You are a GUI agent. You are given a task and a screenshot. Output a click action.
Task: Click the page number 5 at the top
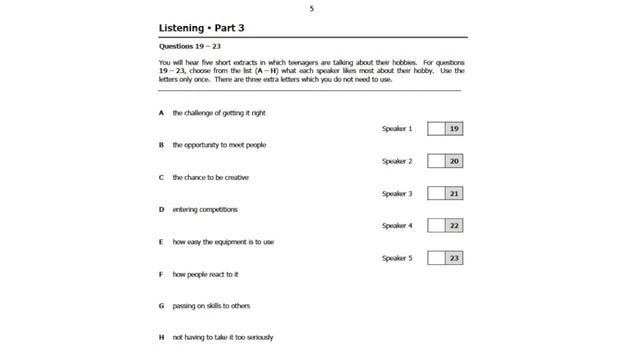pos(311,8)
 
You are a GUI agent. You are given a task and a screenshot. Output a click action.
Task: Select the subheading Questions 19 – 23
pos(187,46)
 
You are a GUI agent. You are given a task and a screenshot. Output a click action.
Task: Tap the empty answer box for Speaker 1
pos(436,129)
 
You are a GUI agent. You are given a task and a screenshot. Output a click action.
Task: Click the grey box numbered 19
pos(454,129)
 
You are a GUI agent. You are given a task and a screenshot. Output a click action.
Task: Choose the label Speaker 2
pos(396,161)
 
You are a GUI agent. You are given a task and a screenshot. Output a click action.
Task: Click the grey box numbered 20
pos(454,161)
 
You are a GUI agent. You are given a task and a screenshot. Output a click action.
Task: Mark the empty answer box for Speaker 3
pos(436,193)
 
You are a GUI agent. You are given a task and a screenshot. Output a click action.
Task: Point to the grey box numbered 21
pos(454,193)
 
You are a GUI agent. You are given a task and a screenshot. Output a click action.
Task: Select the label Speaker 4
pos(396,226)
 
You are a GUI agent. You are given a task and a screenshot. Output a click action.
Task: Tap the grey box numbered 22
pos(454,226)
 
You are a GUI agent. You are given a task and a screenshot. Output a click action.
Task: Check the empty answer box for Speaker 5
pos(436,258)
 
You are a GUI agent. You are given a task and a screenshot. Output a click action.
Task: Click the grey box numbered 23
pos(454,258)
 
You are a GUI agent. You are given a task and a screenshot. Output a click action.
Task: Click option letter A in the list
pos(161,113)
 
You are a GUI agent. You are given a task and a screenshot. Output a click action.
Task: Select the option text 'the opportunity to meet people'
pos(219,145)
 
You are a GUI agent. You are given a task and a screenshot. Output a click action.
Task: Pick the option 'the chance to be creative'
pos(210,177)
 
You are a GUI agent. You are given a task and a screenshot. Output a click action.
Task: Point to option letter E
pos(161,241)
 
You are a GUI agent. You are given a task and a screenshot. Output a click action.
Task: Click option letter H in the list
pos(161,337)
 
